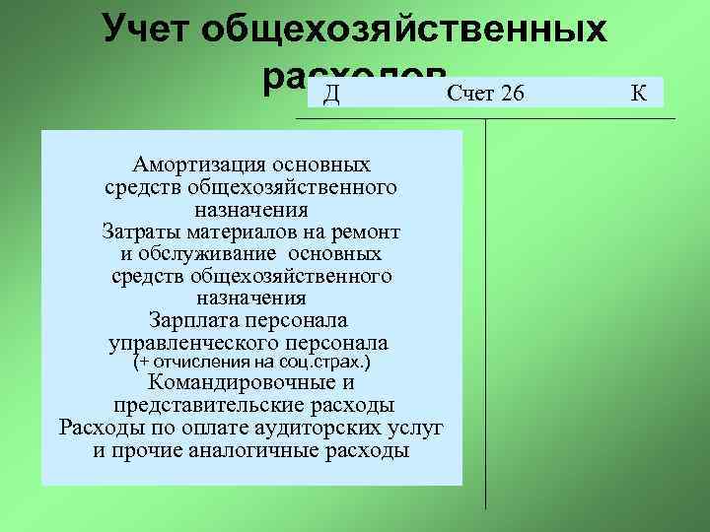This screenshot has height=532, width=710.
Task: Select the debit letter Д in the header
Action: coord(331,95)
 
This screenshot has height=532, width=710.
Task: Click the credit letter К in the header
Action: coord(638,95)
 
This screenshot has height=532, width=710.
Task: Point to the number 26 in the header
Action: coord(512,95)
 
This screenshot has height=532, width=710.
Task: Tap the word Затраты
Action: coord(138,233)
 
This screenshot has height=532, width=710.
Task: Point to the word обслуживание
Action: coord(205,254)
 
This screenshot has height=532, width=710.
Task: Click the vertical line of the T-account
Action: coord(485,315)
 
